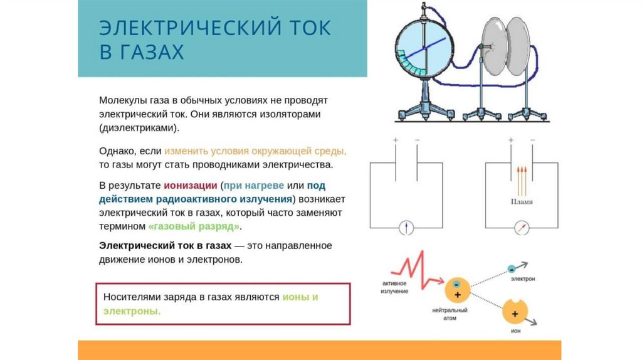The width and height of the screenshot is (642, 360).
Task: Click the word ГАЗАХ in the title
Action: tap(142, 51)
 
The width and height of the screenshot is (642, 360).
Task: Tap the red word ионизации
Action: tap(191, 186)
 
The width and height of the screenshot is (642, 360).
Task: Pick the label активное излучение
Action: tap(395, 288)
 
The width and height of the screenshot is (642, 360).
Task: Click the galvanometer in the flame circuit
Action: tap(521, 228)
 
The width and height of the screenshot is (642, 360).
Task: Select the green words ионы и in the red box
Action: tap(300, 297)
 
